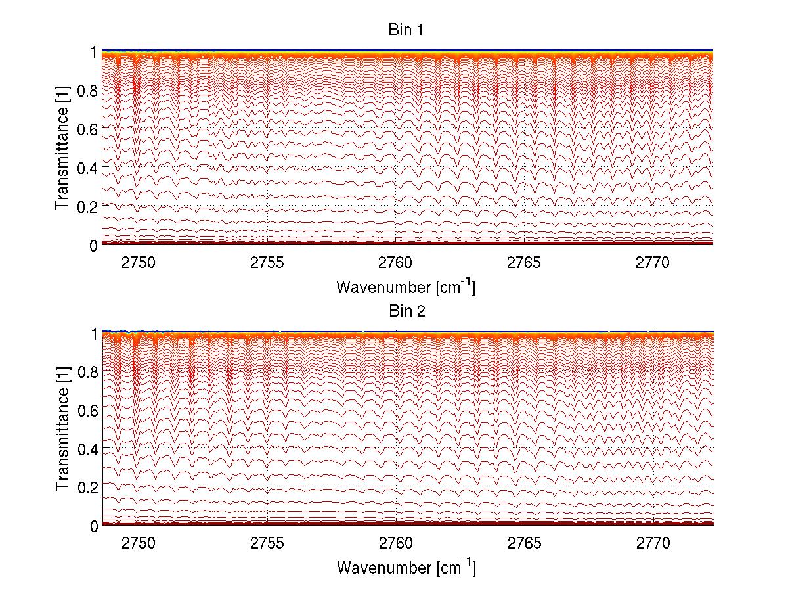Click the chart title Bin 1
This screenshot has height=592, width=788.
407,30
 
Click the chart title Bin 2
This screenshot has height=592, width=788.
407,311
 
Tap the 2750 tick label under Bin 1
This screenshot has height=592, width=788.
139,263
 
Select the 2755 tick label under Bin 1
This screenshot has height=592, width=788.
267,263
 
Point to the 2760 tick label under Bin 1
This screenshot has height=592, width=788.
396,263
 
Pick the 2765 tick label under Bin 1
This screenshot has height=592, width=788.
524,263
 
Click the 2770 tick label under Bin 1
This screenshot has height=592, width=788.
653,263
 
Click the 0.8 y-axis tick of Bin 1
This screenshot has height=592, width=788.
87,91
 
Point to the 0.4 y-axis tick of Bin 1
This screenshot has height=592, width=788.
87,168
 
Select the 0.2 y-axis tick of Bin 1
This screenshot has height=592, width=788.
87,206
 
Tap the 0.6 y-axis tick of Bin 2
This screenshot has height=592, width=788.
87,410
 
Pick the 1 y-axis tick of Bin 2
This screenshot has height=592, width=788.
94,333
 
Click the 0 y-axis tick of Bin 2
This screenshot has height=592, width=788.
94,526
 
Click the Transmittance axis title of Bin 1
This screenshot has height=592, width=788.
62,148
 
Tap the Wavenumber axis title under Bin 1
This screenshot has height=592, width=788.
406,286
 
